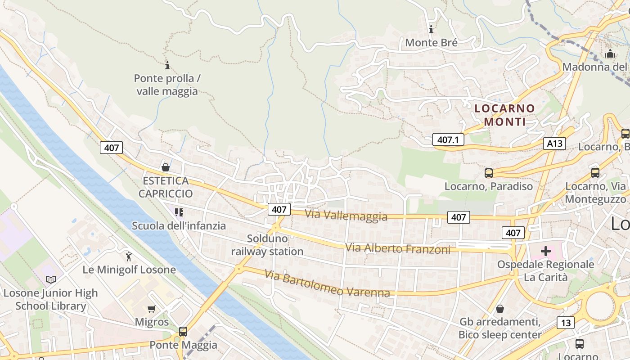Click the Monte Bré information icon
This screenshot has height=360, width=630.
click(431, 30)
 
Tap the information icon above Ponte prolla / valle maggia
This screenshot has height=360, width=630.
click(167, 66)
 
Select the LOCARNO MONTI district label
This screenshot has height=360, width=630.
click(504, 115)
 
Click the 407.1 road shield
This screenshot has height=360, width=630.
click(448, 139)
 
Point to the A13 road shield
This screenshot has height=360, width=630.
click(554, 144)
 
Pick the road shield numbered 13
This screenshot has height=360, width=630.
click(565, 323)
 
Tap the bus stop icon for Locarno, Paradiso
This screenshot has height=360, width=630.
click(489, 173)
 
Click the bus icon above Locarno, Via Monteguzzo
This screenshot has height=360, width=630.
click(595, 173)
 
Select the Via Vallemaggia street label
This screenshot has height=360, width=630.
click(346, 215)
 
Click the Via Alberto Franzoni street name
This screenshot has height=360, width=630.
click(397, 248)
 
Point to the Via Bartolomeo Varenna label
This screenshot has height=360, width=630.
click(327, 283)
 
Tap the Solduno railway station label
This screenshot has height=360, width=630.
click(267, 245)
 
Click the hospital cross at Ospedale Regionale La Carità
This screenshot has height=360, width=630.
click(545, 251)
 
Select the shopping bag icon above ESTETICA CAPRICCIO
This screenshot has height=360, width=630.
click(166, 167)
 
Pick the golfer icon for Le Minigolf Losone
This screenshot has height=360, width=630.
click(129, 256)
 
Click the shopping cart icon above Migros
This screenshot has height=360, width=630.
click(152, 309)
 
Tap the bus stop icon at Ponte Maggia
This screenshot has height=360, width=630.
click(183, 332)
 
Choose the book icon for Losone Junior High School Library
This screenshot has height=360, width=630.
click(51, 280)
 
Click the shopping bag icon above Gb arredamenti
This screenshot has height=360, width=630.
click(499, 309)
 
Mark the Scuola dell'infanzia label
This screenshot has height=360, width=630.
click(179, 225)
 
